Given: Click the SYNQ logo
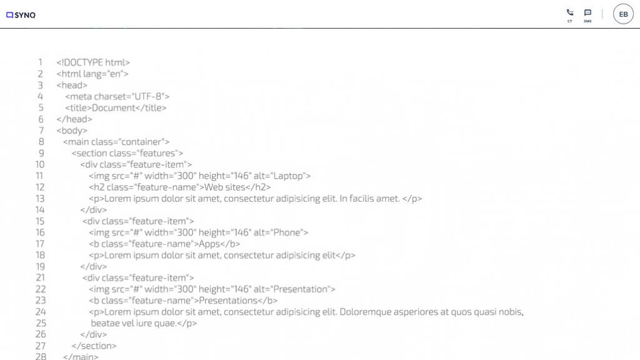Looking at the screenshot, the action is pos(21,15).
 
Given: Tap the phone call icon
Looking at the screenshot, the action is pos(570,12).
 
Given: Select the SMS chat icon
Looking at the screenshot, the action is pos(587,12).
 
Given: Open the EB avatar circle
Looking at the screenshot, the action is pos(623,14).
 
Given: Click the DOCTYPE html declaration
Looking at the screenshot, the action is pos(93,62).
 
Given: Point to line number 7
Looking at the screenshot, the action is pos(41,131).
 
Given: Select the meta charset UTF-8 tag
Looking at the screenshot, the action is pos(117,97).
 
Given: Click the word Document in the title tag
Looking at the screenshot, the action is pos(114,107).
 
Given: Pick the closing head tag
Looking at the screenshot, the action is pos(74,119).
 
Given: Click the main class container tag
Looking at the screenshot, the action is pos(116,142).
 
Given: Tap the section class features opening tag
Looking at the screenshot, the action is pos(127,153).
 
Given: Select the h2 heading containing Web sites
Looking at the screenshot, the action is pos(180,187).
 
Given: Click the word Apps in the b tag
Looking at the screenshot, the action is pos(209,244).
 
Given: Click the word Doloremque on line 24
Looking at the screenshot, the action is pos(364,312).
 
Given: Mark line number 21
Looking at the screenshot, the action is pos(41,278).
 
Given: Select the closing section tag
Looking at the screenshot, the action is pos(94,346).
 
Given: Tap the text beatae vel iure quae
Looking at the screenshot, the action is pos(134,323).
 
